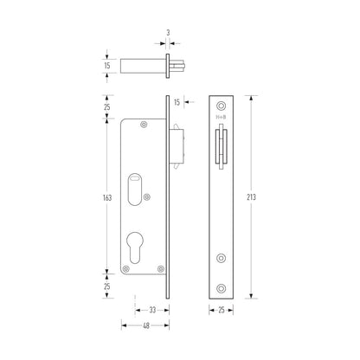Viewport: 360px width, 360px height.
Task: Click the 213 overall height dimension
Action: click(263, 197)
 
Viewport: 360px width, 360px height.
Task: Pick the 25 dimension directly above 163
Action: click(106, 106)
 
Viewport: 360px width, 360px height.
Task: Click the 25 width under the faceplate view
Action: click(222, 308)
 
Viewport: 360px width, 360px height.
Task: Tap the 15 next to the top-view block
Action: click(106, 65)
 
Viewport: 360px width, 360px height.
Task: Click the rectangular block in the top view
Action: click(141, 65)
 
